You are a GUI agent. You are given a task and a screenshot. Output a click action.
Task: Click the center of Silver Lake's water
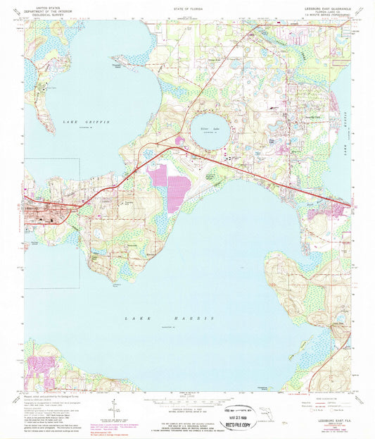click(207, 132)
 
